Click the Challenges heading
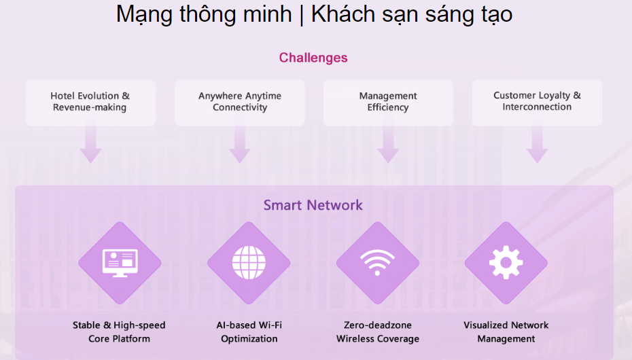tap(313, 58)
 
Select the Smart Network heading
tap(313, 205)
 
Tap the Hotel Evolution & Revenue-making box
tap(90, 103)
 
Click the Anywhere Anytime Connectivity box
tap(240, 103)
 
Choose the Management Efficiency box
tap(388, 103)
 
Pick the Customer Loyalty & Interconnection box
tap(538, 103)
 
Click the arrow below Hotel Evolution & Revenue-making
tap(90, 145)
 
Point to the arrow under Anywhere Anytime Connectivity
tap(240, 145)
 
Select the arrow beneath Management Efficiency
tap(388, 145)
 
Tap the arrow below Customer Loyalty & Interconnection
tap(538, 145)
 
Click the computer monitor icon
tap(120, 263)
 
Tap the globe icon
tap(249, 263)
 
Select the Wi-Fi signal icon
tap(377, 262)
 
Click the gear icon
tap(506, 263)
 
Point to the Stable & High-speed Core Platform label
tap(119, 332)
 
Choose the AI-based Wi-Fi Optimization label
tap(249, 332)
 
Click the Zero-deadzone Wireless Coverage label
tap(378, 332)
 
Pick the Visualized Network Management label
tap(506, 332)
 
